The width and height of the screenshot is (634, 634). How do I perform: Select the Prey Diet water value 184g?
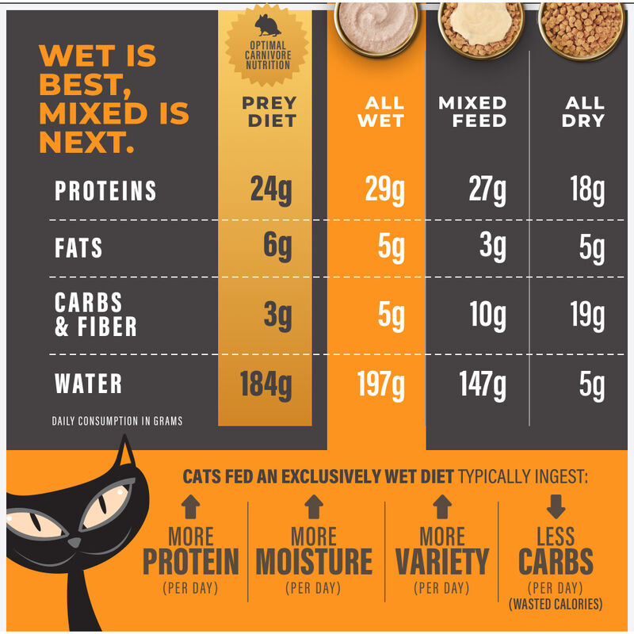(x=265, y=385)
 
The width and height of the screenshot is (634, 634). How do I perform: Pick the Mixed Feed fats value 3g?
(x=492, y=248)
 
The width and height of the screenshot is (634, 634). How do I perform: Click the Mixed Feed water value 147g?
(x=483, y=385)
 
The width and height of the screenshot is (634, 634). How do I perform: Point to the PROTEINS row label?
(x=105, y=191)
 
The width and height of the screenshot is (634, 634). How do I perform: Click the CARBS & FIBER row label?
(x=95, y=315)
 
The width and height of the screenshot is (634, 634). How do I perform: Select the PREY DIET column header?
(x=269, y=112)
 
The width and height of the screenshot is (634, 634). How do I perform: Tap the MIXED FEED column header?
(x=472, y=112)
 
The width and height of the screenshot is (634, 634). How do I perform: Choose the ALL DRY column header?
(x=585, y=112)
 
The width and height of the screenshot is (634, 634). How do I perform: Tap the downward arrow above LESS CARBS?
(x=556, y=505)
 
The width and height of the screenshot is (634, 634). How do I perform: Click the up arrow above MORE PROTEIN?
(x=191, y=506)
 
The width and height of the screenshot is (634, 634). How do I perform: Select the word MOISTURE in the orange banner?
(x=314, y=562)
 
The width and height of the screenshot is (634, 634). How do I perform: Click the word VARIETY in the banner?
(x=441, y=562)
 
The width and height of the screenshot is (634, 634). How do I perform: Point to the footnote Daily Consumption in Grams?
(x=117, y=421)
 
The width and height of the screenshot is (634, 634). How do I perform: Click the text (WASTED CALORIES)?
(x=556, y=604)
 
